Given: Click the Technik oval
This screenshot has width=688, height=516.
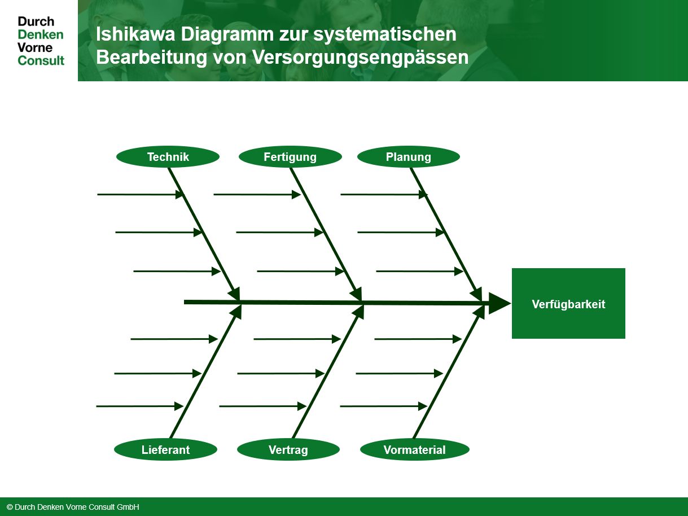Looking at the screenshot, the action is coord(168,157).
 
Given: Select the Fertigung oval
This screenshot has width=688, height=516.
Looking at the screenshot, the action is coord(290,157).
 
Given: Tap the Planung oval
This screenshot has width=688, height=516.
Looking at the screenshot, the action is coord(409,157).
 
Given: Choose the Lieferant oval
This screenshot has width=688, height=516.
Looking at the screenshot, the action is coord(165,449).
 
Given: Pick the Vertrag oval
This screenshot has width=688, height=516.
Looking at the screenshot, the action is coord(288,449).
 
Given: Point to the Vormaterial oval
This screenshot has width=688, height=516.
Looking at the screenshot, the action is coord(415,449).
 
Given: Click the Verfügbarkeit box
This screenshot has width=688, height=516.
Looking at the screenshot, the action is coord(568,304).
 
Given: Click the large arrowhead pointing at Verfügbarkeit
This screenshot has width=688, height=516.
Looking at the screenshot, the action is coord(499,304).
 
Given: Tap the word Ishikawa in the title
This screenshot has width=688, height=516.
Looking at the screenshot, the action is coord(135,34).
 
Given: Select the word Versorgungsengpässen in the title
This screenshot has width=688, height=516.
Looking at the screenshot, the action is coord(361,58).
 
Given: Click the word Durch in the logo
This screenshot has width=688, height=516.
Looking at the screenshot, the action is coord(36,21).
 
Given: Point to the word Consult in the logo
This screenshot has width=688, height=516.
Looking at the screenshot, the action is coord(41,60).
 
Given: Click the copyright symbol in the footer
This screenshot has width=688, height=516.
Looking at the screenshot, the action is coord(10,507).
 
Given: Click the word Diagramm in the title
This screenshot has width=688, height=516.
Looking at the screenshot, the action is coord(227,34).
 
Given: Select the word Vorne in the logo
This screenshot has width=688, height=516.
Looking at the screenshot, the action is coord(35,47).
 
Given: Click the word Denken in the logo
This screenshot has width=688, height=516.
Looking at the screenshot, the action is coord(41,34).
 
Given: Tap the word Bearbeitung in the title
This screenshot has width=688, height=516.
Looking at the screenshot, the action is coord(152,58).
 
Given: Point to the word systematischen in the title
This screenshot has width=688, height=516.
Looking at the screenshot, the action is coord(384,34).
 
